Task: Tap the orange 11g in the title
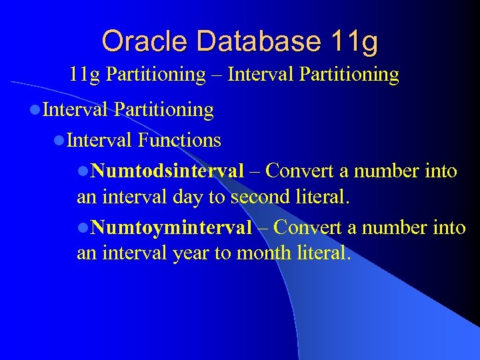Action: (x=353, y=41)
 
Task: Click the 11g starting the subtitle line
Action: (x=85, y=74)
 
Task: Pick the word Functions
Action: (x=179, y=140)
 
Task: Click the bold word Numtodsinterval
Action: (x=167, y=171)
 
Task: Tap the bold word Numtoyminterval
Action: (x=171, y=228)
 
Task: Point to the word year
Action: (x=191, y=254)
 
